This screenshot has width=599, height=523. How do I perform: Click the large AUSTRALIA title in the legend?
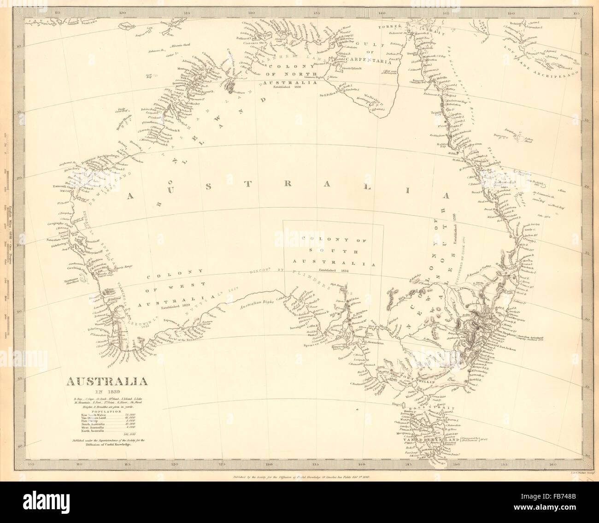(x=108, y=382)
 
